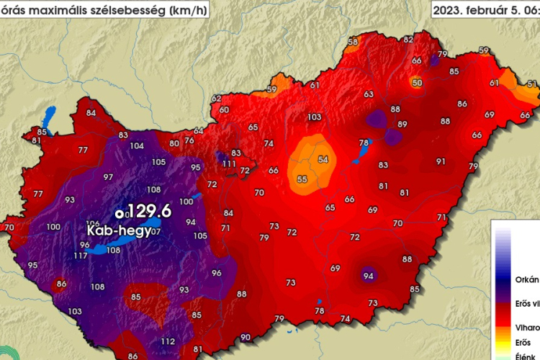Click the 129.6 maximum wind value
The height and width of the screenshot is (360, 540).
[149, 212]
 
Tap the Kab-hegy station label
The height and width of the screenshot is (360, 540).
[116, 232]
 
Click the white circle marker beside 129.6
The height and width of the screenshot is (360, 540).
[120, 213]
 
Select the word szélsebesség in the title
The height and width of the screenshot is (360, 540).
[136, 9]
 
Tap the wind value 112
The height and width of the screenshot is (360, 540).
[168, 341]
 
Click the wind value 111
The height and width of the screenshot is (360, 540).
[229, 164]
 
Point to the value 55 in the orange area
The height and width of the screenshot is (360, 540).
[302, 179]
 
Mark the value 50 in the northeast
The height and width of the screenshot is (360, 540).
[417, 83]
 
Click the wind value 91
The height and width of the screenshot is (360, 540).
[441, 162]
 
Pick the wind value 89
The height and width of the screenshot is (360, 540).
[402, 125]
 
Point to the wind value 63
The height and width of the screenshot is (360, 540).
[369, 94]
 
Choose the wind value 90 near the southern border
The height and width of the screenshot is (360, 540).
[246, 337]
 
